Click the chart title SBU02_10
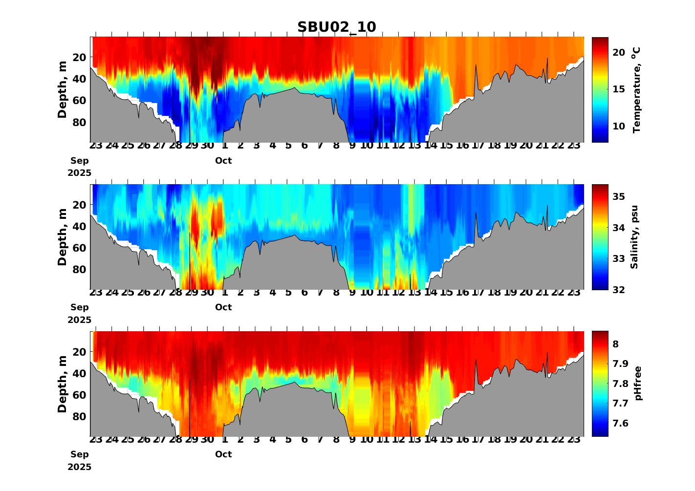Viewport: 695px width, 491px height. pos(337,27)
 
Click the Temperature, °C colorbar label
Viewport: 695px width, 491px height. pos(636,90)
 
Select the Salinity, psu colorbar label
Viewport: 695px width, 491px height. pos(634,237)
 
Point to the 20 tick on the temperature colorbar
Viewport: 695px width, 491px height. pos(619,52)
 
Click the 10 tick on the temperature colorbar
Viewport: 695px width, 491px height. pos(619,126)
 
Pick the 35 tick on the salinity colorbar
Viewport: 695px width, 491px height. pos(619,196)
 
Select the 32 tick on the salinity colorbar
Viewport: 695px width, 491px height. pos(619,290)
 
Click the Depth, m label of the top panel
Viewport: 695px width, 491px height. pos(62,90)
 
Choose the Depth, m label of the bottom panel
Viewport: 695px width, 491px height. pos(62,384)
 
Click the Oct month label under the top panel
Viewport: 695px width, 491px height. pos(223,161)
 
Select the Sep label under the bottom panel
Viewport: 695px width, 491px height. pos(80,454)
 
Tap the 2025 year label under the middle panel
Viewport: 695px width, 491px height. pos(80,320)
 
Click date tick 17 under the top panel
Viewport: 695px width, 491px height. pos(478,146)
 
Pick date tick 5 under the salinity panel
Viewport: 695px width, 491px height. pos(288,293)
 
